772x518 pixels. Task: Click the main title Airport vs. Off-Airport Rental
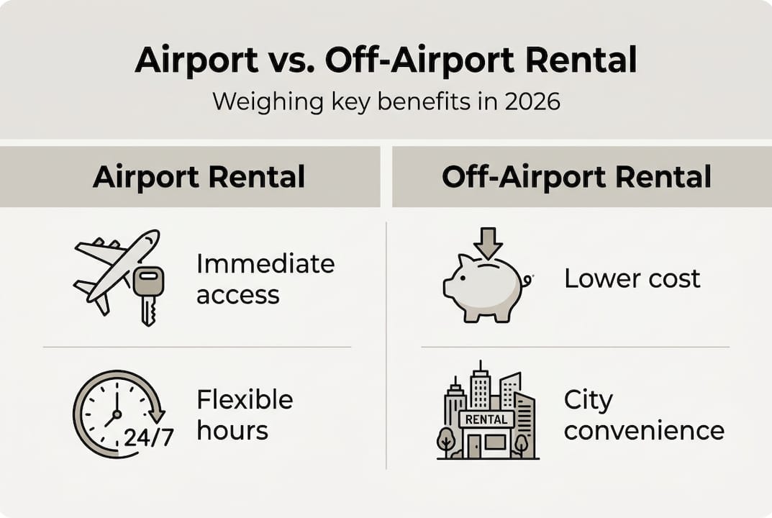386,61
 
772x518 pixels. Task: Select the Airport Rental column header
199,176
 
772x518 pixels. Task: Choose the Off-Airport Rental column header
576,176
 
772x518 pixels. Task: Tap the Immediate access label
265,278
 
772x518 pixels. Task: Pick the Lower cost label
632,278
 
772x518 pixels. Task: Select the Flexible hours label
245,414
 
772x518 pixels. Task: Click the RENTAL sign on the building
487,419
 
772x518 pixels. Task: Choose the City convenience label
643,415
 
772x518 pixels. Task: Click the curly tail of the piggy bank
527,281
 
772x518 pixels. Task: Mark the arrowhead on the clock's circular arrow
158,416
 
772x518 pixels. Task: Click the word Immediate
265,263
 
